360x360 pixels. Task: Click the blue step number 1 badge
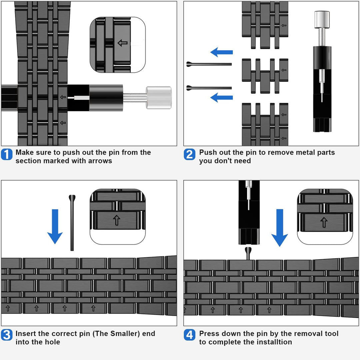7,154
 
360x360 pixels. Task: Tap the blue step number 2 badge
189,154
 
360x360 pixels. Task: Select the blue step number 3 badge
7,335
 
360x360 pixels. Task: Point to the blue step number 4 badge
189,335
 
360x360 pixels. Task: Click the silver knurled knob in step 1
159,98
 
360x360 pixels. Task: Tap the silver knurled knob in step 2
322,19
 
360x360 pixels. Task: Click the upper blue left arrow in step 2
222,52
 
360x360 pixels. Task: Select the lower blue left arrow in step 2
222,97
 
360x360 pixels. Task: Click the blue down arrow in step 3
55,226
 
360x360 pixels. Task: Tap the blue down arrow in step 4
279,228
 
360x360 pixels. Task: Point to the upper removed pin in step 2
209,64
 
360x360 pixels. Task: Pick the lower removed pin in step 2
209,88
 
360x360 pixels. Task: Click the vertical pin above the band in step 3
72,223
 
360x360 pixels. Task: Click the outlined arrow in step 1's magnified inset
122,43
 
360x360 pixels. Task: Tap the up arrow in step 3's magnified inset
117,220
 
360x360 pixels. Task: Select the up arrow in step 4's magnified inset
324,222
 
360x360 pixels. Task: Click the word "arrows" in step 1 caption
100,161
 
